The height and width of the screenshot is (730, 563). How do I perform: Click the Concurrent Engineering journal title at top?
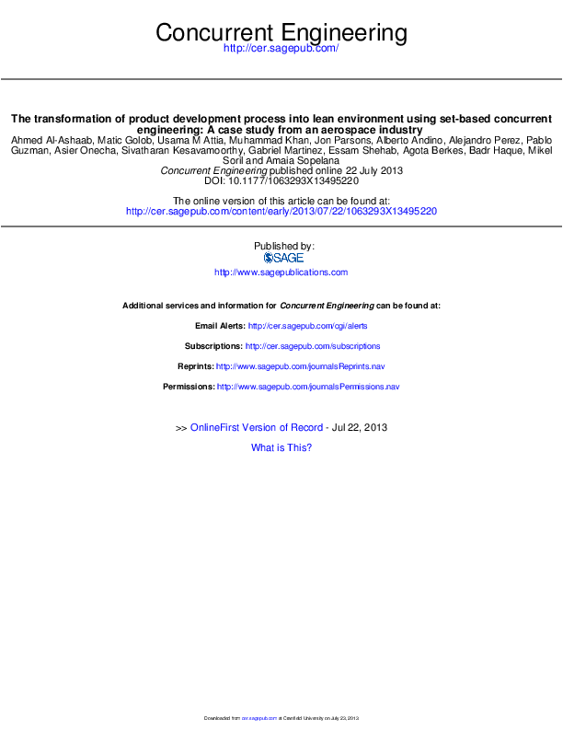(x=281, y=33)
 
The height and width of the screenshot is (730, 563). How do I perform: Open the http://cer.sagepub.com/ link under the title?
(x=281, y=48)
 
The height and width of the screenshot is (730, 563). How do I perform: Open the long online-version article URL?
(x=281, y=211)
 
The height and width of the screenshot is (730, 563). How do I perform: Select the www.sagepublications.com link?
(x=281, y=272)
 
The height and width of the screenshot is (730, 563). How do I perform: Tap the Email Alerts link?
(x=308, y=326)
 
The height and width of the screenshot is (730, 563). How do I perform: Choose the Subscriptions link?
(x=313, y=346)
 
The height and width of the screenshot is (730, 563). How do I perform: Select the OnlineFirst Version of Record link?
(x=257, y=428)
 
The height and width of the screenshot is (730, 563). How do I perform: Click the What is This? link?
(x=281, y=447)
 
